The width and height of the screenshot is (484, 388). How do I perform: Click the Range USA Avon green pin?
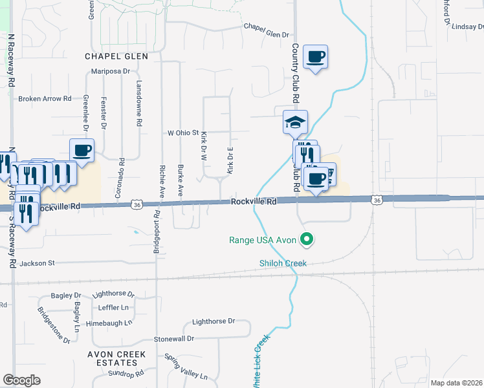point(308,240)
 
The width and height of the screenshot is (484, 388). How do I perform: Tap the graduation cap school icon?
point(295,122)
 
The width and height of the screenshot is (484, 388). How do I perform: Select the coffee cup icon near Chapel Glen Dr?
point(315,57)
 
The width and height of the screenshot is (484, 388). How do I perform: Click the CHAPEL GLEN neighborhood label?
point(116,56)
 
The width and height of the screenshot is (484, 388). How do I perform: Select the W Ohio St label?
point(183,133)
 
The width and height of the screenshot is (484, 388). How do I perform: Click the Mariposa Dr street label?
point(111,71)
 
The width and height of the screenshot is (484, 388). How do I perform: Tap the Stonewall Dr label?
point(174,339)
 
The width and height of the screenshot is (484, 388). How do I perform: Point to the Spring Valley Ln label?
point(186,367)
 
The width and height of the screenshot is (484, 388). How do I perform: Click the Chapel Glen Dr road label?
point(265,27)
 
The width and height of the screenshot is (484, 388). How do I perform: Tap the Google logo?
point(21,380)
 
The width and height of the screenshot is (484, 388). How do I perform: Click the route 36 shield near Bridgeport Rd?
point(136,204)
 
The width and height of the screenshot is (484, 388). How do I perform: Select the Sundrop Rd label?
point(126,374)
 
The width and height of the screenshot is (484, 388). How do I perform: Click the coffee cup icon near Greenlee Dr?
point(82,151)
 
